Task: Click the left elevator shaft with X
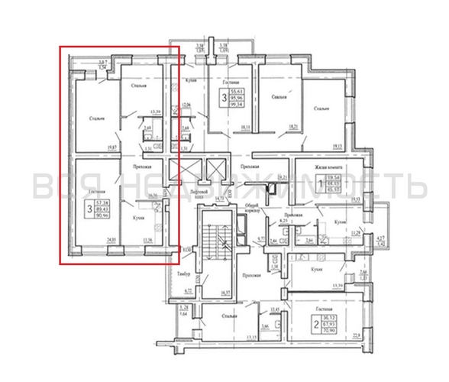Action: pos(179,170)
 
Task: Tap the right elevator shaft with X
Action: pos(215,170)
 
